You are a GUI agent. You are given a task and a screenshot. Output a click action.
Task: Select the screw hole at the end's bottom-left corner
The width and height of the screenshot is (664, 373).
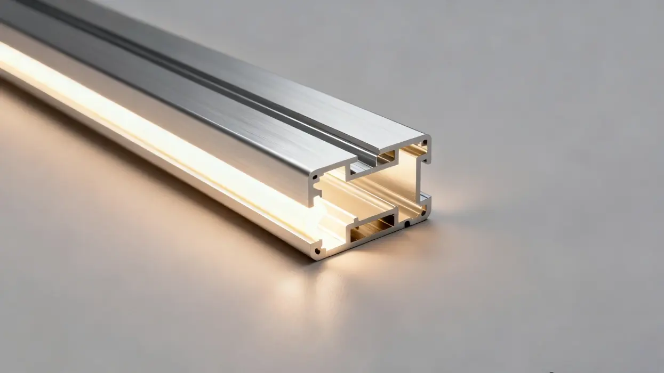[318, 249]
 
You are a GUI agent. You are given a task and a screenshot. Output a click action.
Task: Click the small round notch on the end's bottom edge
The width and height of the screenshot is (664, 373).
[407, 224]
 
